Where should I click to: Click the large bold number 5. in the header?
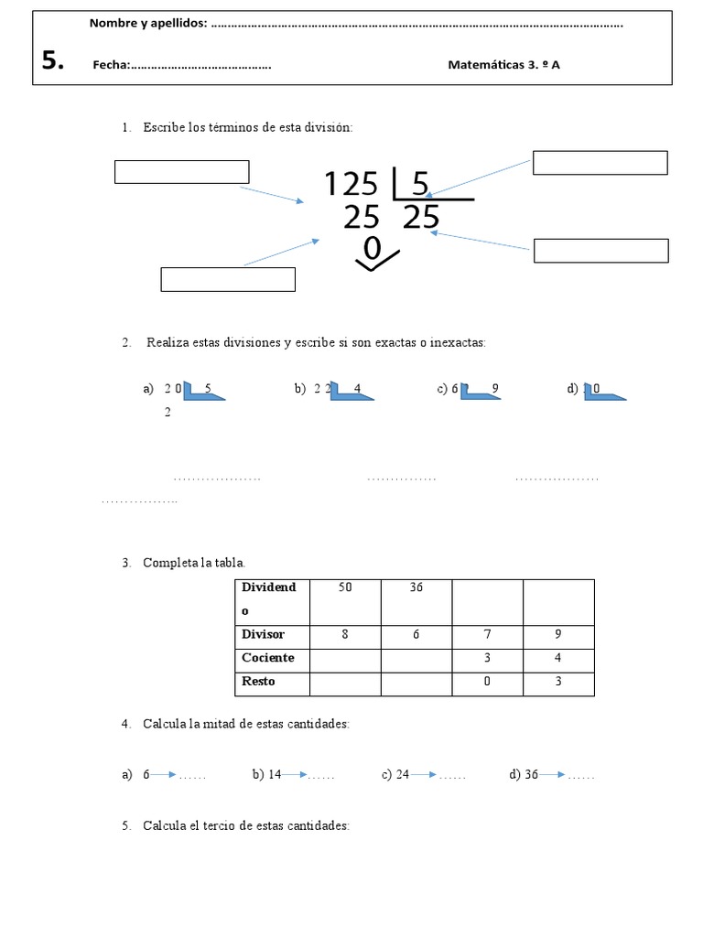pos(53,61)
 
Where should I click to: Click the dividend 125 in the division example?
pos(351,185)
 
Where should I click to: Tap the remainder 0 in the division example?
pos(372,248)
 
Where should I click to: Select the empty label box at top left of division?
pos(181,172)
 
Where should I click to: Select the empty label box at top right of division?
pos(600,163)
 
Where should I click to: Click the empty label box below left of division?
pos(228,279)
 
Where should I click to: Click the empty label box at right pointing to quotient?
pos(600,250)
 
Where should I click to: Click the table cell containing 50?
pos(345,601)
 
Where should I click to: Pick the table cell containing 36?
pos(416,601)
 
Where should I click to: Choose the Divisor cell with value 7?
pos(488,634)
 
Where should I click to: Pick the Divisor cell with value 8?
pos(345,634)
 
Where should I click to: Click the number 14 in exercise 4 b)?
pos(274,775)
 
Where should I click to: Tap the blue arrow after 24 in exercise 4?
pos(424,775)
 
